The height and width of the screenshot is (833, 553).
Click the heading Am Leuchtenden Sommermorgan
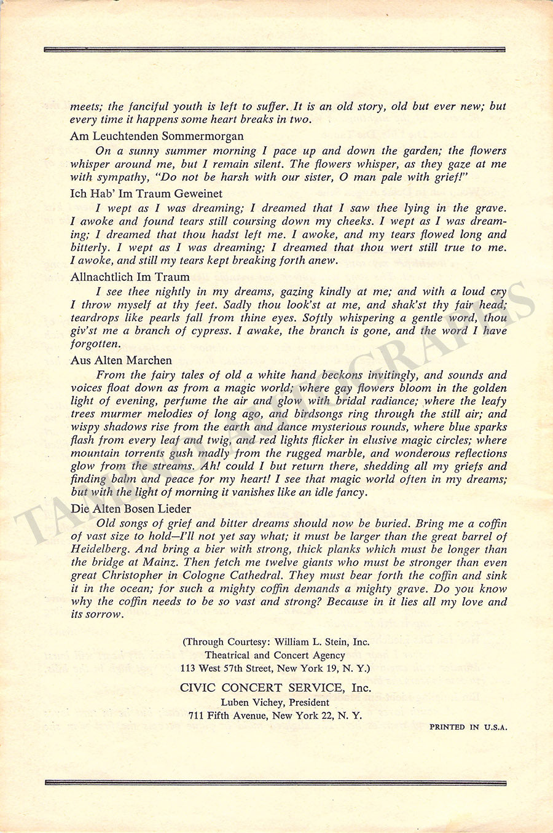(x=157, y=136)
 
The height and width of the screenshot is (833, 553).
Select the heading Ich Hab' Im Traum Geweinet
(x=146, y=194)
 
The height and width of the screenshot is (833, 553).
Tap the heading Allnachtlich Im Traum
(x=130, y=277)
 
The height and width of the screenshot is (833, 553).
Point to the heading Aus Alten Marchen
(x=121, y=360)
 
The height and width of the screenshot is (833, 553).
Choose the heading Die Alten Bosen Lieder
(x=130, y=509)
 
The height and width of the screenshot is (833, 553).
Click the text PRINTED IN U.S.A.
(x=468, y=727)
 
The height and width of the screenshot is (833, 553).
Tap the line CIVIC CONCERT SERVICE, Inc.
(x=276, y=688)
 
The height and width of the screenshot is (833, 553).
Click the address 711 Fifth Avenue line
(x=276, y=716)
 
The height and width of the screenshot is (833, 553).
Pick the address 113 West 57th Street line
(x=276, y=668)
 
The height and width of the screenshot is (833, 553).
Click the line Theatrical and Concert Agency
(x=276, y=655)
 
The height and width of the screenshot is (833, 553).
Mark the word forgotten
(x=95, y=344)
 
